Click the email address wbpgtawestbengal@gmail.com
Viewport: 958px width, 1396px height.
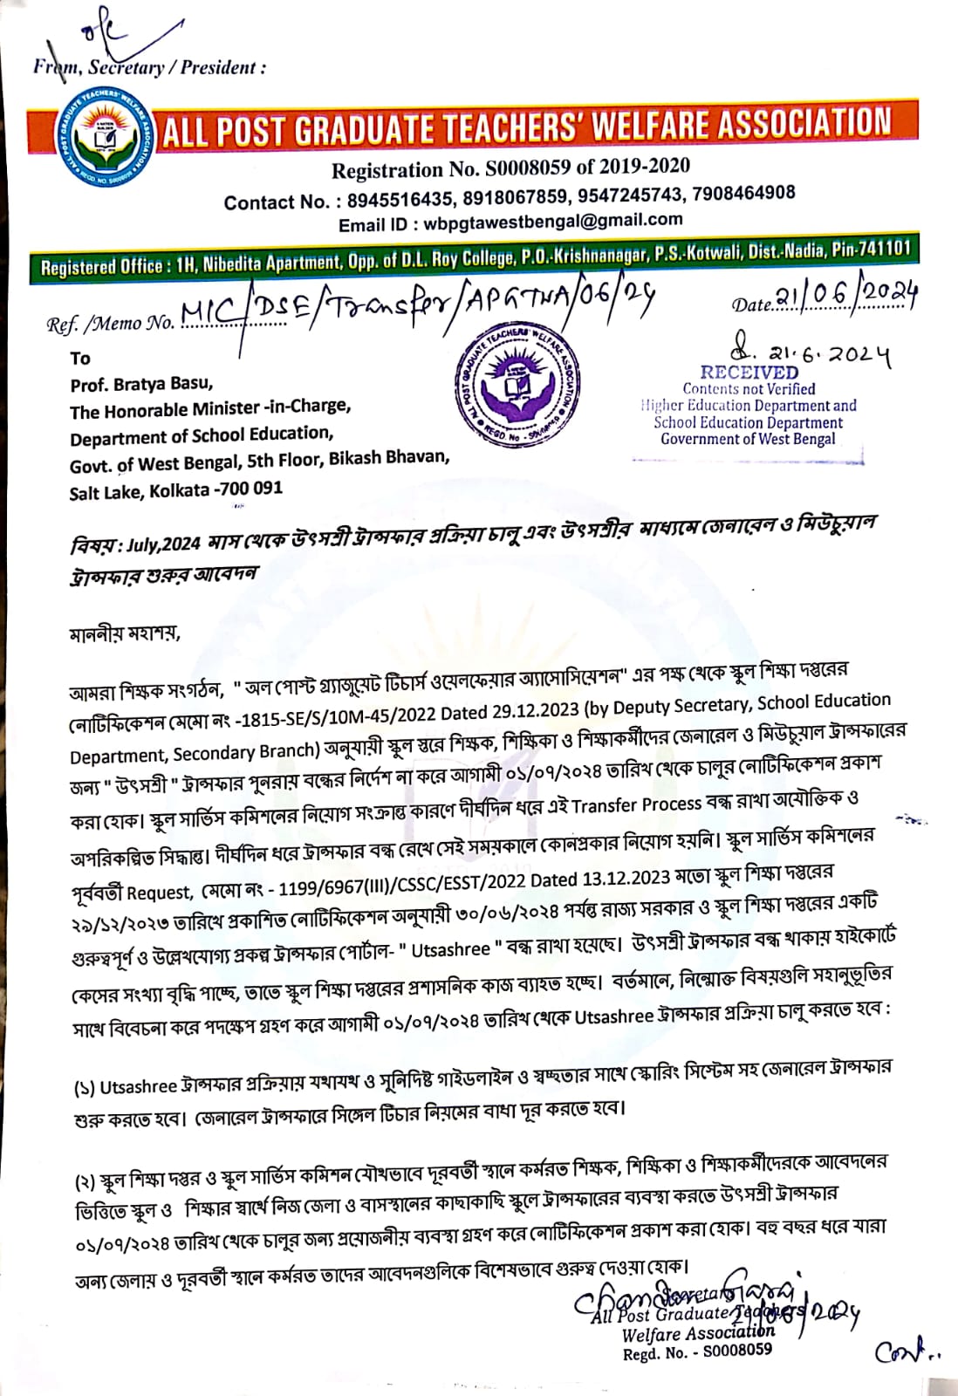[553, 221]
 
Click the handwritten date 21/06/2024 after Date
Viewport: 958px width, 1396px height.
[846, 299]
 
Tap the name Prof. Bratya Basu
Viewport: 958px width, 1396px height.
[141, 384]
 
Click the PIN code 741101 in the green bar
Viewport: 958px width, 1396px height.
[883, 248]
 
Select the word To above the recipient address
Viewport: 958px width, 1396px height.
[80, 358]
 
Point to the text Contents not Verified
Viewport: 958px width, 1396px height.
[749, 389]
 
